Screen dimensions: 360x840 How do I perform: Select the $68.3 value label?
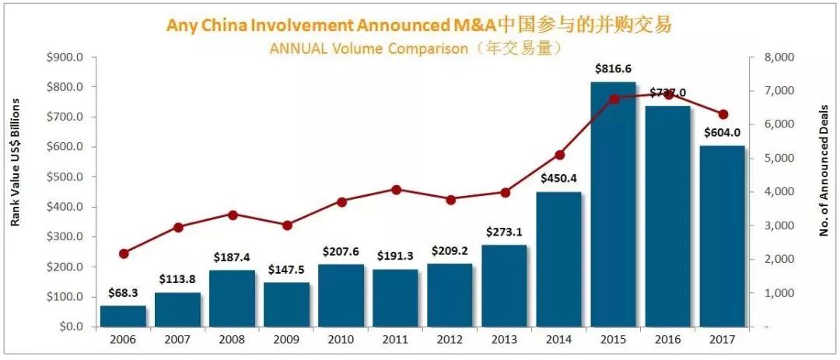click(123, 293)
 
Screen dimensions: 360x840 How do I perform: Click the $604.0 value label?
click(722, 134)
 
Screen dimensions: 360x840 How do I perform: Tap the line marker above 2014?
click(559, 155)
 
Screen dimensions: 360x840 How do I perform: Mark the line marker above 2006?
click(124, 253)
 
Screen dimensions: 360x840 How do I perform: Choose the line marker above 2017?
click(723, 114)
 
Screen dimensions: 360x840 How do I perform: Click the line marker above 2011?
click(396, 190)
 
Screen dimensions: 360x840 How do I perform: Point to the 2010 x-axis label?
click(341, 340)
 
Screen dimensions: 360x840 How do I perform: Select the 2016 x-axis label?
click(668, 340)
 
